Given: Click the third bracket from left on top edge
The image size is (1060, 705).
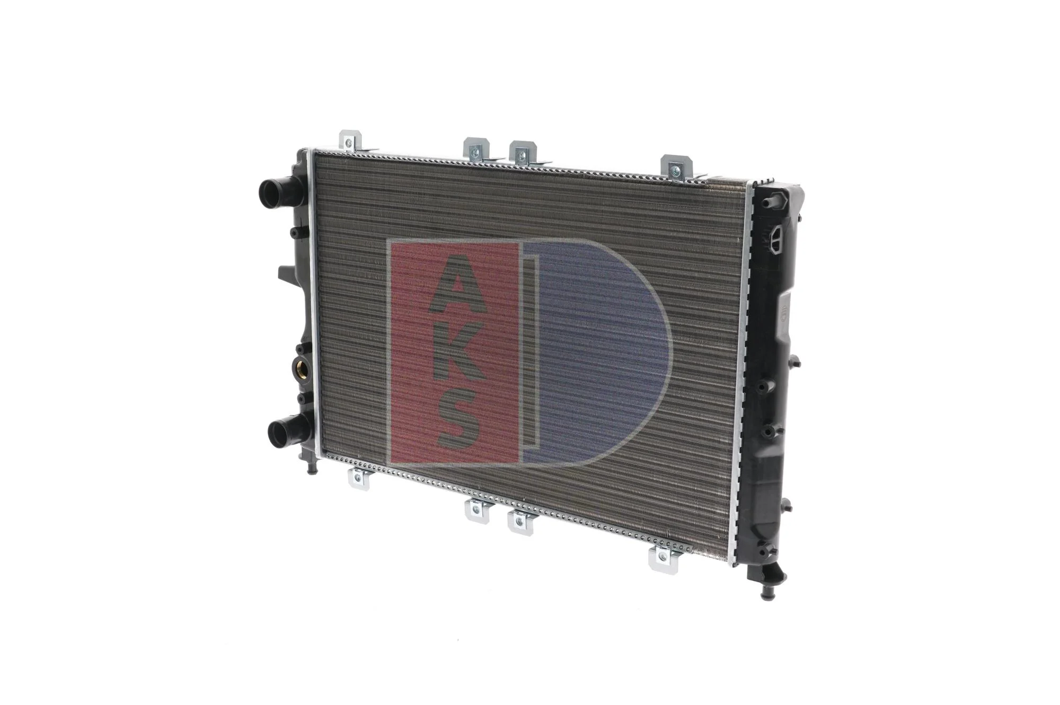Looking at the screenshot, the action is (x=523, y=153).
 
